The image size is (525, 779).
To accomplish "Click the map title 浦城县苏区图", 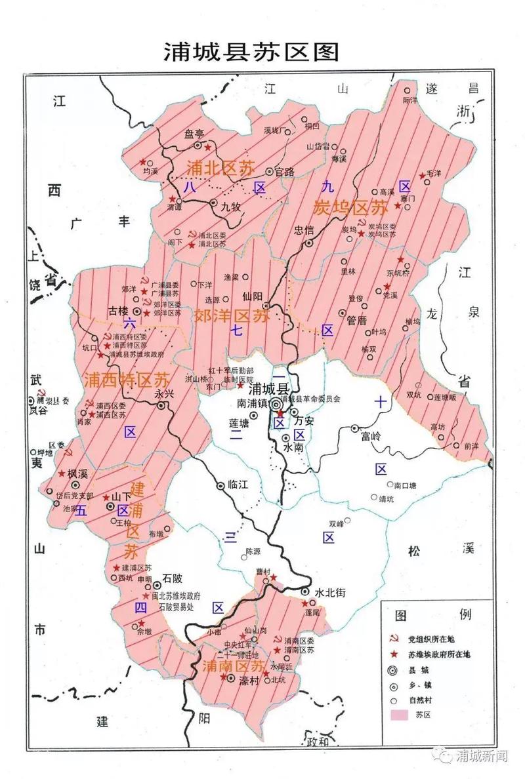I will (x=251, y=52).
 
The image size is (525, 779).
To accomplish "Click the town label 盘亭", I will (x=194, y=133).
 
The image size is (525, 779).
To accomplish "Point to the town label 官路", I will (x=284, y=172).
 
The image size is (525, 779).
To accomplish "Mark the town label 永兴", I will (x=163, y=395).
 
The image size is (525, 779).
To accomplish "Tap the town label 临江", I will (x=239, y=486).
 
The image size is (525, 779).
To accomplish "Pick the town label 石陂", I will (x=173, y=578).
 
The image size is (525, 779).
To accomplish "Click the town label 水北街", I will (x=329, y=591).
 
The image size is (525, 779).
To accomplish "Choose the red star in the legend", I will (x=394, y=654).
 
